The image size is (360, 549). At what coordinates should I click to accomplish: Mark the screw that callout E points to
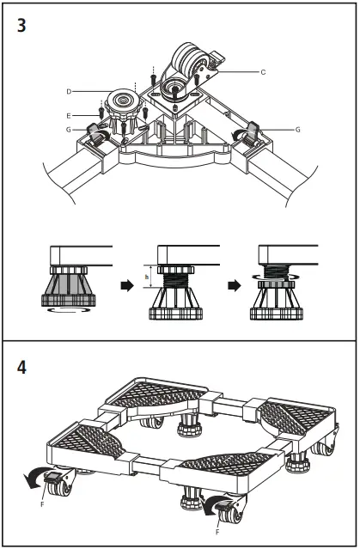click(102, 113)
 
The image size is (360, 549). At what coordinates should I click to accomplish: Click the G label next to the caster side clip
click(296, 129)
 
